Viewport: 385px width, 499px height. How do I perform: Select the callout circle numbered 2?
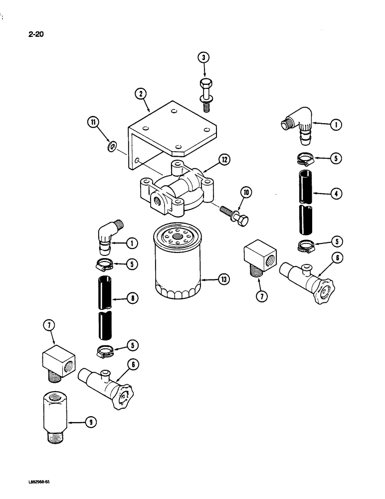[x=141, y=93]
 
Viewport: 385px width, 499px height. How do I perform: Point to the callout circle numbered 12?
[x=225, y=160]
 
